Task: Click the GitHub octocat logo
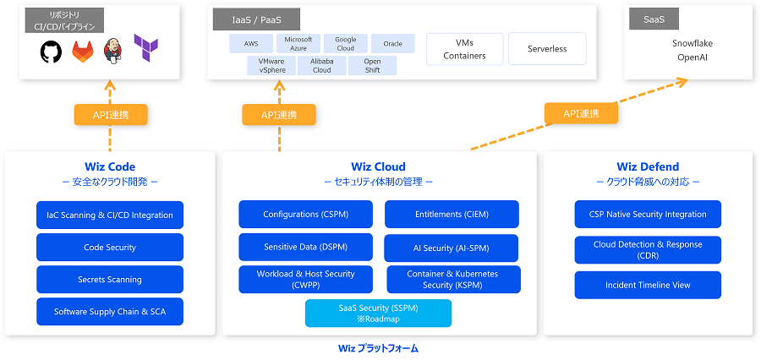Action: (x=52, y=52)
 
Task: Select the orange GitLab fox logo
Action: (x=83, y=52)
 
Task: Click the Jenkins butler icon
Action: (x=113, y=51)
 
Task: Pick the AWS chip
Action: (x=251, y=44)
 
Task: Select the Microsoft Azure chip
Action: (x=298, y=44)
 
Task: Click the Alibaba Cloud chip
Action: (x=321, y=66)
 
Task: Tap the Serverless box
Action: (x=547, y=49)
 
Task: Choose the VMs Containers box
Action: (x=464, y=49)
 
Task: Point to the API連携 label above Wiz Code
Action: (x=111, y=115)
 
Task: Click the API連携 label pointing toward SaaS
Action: (x=581, y=113)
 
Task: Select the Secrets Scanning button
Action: (x=110, y=280)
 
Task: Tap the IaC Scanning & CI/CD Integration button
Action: (x=110, y=215)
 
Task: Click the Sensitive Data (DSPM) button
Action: (x=305, y=247)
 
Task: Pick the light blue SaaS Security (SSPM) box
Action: (x=378, y=314)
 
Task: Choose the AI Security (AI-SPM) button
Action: (x=452, y=248)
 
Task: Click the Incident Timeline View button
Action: (x=648, y=285)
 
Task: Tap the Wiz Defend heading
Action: (x=648, y=166)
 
